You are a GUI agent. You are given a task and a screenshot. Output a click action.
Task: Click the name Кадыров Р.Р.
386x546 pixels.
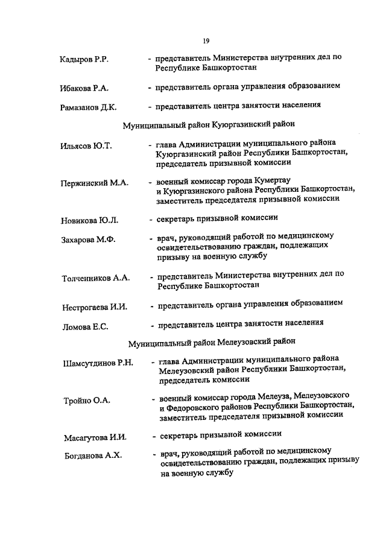[84, 60]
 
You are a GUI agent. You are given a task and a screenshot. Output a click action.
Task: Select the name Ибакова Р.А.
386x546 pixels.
[84, 88]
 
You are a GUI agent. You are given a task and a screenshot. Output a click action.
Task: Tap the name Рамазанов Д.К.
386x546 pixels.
[88, 107]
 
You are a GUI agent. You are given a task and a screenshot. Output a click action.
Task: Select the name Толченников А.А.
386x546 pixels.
[96, 278]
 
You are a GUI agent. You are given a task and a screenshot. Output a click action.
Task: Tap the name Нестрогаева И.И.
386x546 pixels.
[95, 307]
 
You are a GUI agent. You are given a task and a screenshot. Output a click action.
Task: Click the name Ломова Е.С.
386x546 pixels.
[85, 327]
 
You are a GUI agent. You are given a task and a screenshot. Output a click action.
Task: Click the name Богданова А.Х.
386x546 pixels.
[93, 456]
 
